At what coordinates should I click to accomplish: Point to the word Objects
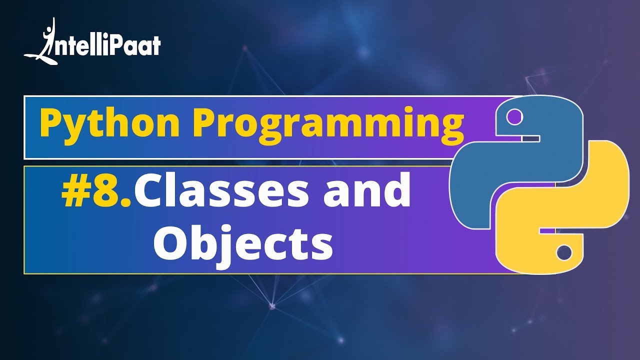243,244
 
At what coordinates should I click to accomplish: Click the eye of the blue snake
513,118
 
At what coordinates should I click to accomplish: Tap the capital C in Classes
150,192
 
